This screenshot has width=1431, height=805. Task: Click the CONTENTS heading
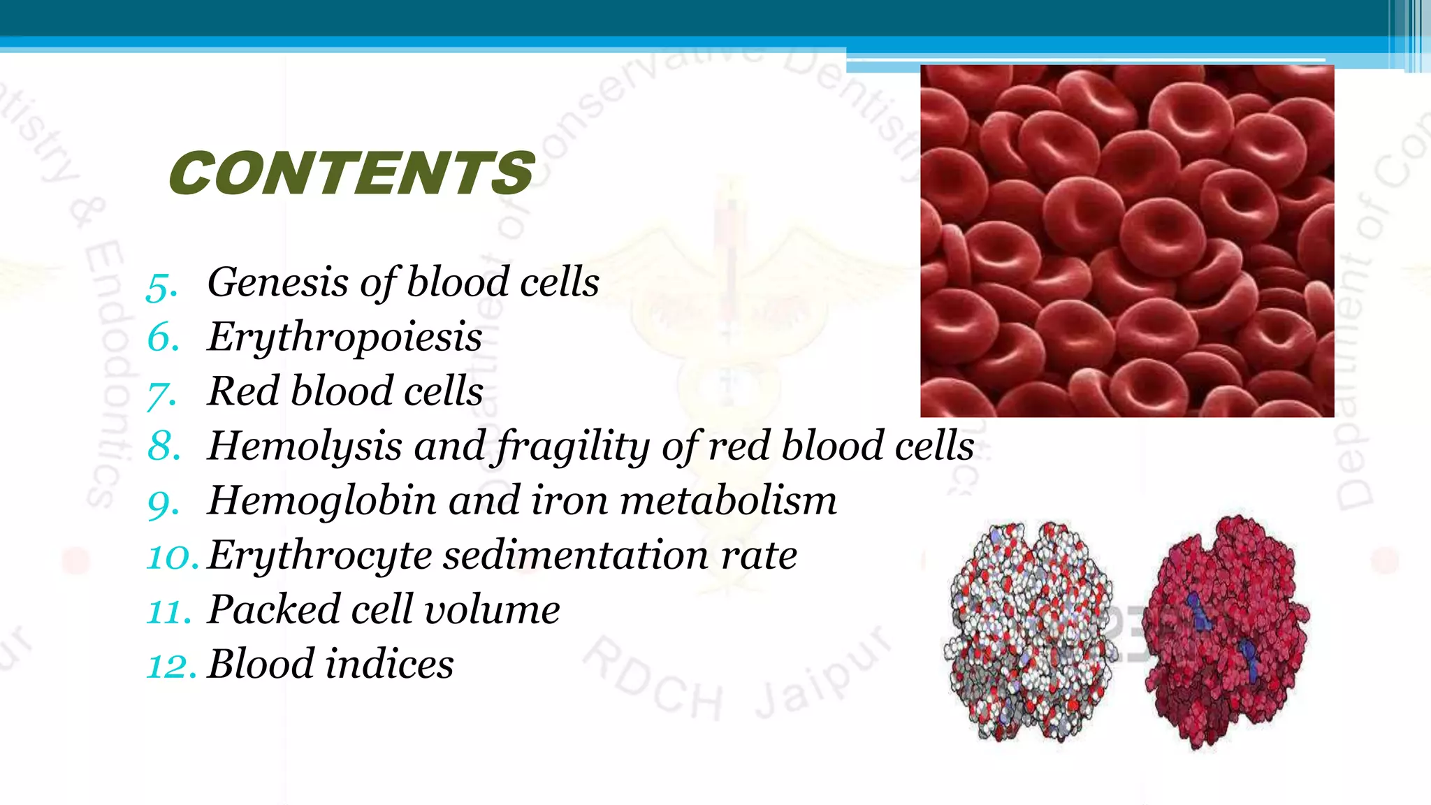pos(351,173)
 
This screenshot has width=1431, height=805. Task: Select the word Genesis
pos(277,282)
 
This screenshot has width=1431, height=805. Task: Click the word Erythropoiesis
pos(344,338)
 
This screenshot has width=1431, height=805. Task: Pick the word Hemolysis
pos(305,447)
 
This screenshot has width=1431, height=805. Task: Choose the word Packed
pos(273,609)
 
